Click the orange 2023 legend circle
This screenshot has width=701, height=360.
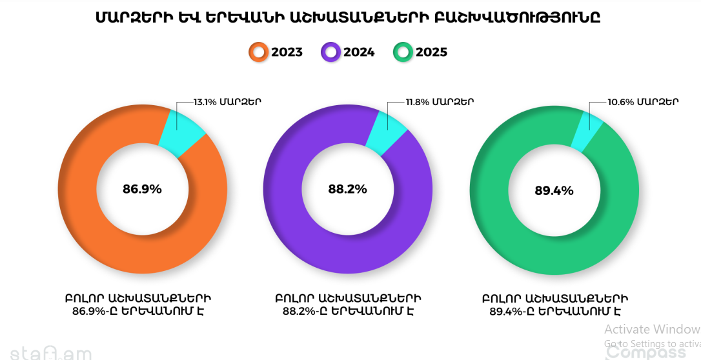259,52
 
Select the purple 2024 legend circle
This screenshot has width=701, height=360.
330,52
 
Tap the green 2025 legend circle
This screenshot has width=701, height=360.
403,52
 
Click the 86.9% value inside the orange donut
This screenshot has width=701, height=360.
142,189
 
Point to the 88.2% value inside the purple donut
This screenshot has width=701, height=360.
347,189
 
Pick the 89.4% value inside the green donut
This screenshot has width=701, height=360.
554,190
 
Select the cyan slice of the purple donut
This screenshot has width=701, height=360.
385,131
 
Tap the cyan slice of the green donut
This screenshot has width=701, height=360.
591,130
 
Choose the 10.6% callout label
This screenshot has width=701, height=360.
643,101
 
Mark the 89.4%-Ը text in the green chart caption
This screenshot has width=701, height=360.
511,312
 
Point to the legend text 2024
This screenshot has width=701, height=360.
359,52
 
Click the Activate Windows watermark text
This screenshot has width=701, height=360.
652,329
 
